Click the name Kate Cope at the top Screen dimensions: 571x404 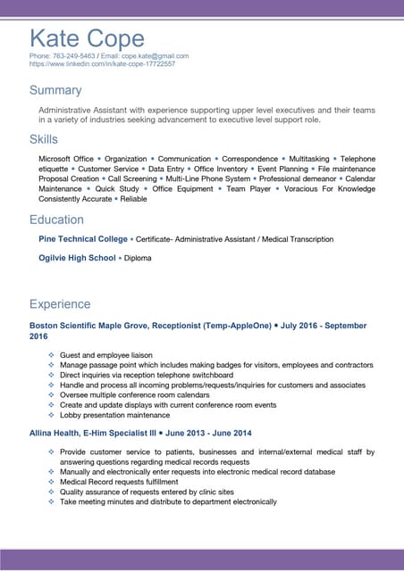pos(87,38)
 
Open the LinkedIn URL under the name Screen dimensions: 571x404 pos(102,64)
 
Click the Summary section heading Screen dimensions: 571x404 pos(55,90)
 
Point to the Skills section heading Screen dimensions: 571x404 pos(44,139)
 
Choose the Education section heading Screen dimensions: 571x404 pos(56,219)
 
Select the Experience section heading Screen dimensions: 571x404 pos(60,304)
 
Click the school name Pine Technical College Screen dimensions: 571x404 pos(83,239)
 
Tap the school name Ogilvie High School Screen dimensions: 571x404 pos(77,258)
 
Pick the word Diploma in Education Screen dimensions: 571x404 pos(138,258)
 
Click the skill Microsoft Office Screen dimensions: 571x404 pos(65,159)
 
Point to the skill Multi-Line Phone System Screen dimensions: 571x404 pos(208,179)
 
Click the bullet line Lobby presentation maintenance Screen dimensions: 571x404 pos(114,415)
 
